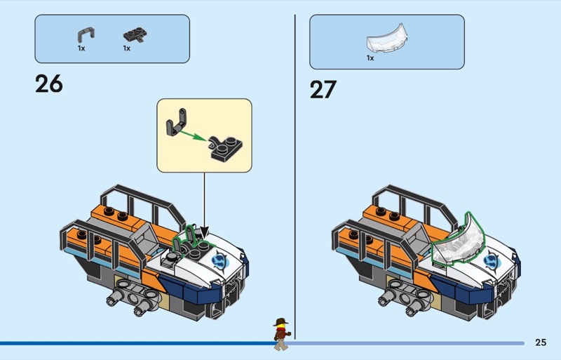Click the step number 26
coord(49,84)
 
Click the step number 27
coord(323,90)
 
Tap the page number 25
coord(541,342)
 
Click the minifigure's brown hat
coord(281,322)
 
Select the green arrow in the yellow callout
coord(194,135)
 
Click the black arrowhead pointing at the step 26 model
coord(204,232)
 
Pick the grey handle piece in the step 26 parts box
coord(86,35)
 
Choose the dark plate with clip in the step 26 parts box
coord(135,35)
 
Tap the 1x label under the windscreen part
coord(370,58)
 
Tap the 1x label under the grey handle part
coord(81,48)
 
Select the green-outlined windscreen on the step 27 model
coord(459,242)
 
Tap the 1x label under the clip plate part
coord(127,48)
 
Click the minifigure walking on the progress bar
coord(281,334)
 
